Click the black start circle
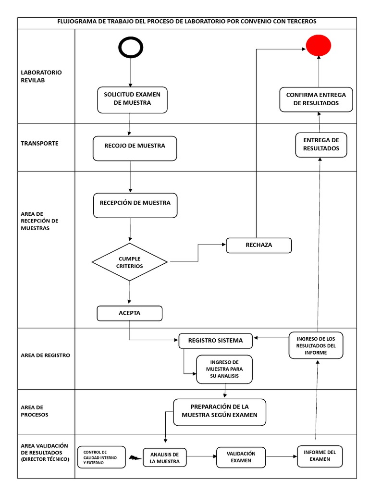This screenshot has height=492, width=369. pyautogui.click(x=130, y=47)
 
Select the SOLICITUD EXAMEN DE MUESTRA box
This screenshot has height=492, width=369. pyautogui.click(x=132, y=99)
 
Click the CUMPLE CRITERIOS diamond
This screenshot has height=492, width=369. pyautogui.click(x=130, y=262)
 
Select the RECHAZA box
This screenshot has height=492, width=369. pyautogui.click(x=258, y=245)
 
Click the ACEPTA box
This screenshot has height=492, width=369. pyautogui.click(x=129, y=313)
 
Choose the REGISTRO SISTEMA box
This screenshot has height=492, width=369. pyautogui.click(x=215, y=341)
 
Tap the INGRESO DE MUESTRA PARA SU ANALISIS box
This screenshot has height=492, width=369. pyautogui.click(x=224, y=369)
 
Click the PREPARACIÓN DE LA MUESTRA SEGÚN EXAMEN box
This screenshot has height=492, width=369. pyautogui.click(x=220, y=412)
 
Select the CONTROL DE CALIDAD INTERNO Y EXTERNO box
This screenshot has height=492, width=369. pyautogui.click(x=101, y=457)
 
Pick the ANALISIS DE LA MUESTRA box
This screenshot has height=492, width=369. pyautogui.click(x=165, y=458)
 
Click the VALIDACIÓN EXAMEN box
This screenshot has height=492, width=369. pyautogui.click(x=241, y=457)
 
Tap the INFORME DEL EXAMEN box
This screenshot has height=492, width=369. pyautogui.click(x=320, y=456)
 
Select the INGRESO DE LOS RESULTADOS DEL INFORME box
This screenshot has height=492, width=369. pyautogui.click(x=316, y=345)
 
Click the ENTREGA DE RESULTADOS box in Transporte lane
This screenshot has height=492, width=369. pyautogui.click(x=321, y=145)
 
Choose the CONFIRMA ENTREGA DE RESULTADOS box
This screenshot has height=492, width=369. pyautogui.click(x=316, y=99)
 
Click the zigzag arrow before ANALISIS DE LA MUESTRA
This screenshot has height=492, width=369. pyautogui.click(x=135, y=458)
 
